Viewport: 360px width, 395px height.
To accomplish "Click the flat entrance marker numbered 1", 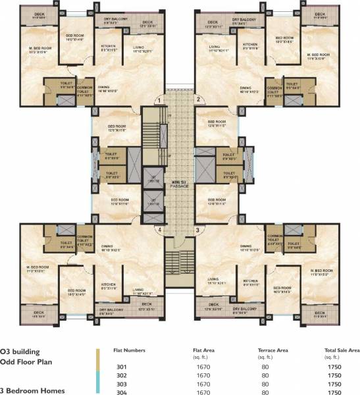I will tap(159, 99).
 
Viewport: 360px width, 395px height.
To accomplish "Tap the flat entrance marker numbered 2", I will tap(197, 99).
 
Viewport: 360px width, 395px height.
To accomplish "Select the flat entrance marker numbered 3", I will tap(197, 229).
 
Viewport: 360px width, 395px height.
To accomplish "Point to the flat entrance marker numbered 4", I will tap(159, 229).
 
